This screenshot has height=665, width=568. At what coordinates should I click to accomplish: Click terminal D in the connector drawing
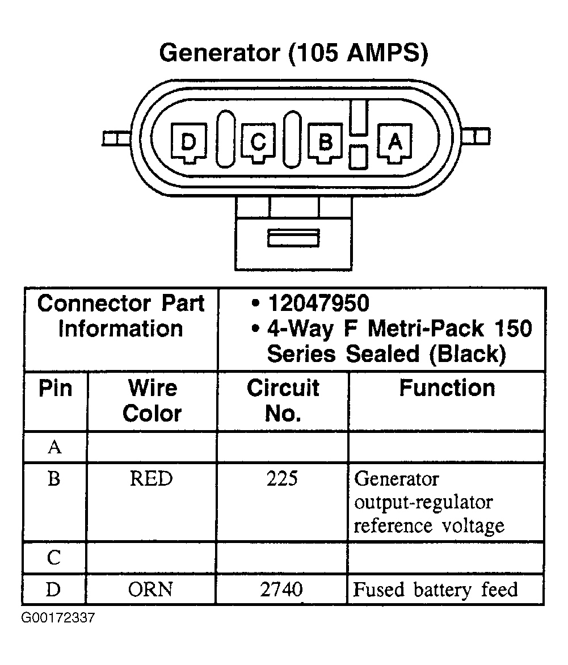click(187, 142)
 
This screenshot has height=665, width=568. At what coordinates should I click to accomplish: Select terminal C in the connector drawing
click(258, 142)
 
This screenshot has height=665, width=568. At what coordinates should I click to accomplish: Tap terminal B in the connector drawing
click(325, 142)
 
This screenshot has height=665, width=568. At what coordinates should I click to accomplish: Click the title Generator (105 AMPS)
click(293, 53)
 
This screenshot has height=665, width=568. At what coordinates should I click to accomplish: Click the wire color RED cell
click(151, 479)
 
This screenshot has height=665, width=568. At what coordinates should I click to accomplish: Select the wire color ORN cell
click(151, 590)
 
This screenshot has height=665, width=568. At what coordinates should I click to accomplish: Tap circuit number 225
click(282, 479)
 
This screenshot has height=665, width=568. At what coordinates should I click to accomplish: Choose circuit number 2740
click(282, 590)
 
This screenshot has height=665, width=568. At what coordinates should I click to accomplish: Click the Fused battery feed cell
click(435, 590)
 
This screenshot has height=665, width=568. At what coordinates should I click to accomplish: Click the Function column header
click(447, 388)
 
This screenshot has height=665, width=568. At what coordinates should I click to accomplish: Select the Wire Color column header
click(152, 401)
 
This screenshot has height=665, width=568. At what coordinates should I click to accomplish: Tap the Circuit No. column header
click(283, 401)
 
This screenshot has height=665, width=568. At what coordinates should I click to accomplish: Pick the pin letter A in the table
click(54, 448)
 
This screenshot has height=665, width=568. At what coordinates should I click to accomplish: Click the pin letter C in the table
click(54, 559)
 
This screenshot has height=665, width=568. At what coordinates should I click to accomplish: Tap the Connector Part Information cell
click(121, 316)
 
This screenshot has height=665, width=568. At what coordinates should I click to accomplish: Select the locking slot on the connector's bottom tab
click(293, 238)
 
